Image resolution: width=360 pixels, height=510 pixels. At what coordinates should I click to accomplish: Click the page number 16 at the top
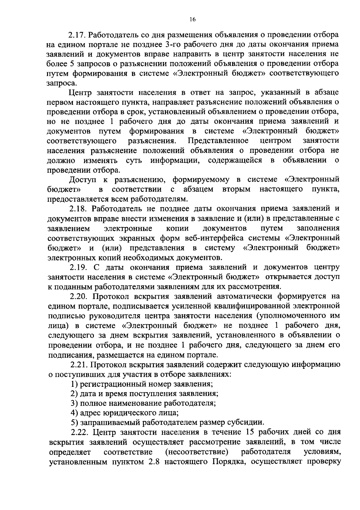coord(192,19)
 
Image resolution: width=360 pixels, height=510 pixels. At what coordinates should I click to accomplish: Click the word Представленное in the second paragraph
coord(218,141)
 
